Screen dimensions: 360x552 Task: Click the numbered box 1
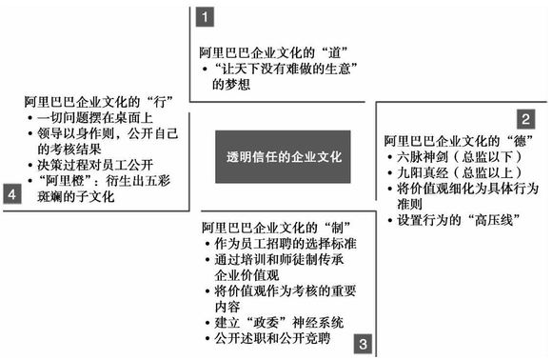[203, 15]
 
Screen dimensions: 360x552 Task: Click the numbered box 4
[12, 194]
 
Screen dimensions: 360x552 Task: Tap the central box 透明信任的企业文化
[283, 156]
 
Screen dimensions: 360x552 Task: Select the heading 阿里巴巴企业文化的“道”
[268, 50]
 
